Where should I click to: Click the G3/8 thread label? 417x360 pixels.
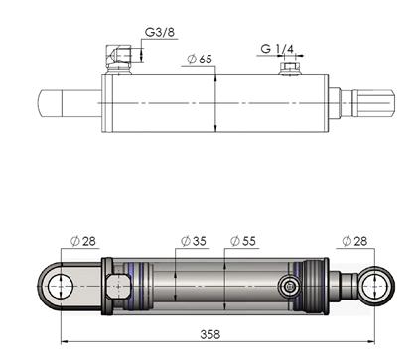(x=160, y=32)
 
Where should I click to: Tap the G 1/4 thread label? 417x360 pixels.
(x=277, y=49)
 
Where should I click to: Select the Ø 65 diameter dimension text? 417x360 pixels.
(x=200, y=60)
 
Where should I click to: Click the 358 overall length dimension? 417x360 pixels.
(x=210, y=334)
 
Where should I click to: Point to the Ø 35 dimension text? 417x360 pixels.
(x=194, y=241)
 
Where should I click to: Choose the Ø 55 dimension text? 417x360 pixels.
(x=243, y=241)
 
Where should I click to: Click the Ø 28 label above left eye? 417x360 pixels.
(x=83, y=241)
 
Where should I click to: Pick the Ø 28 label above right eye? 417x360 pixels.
(x=354, y=241)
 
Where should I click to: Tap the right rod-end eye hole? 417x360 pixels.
(x=374, y=286)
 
